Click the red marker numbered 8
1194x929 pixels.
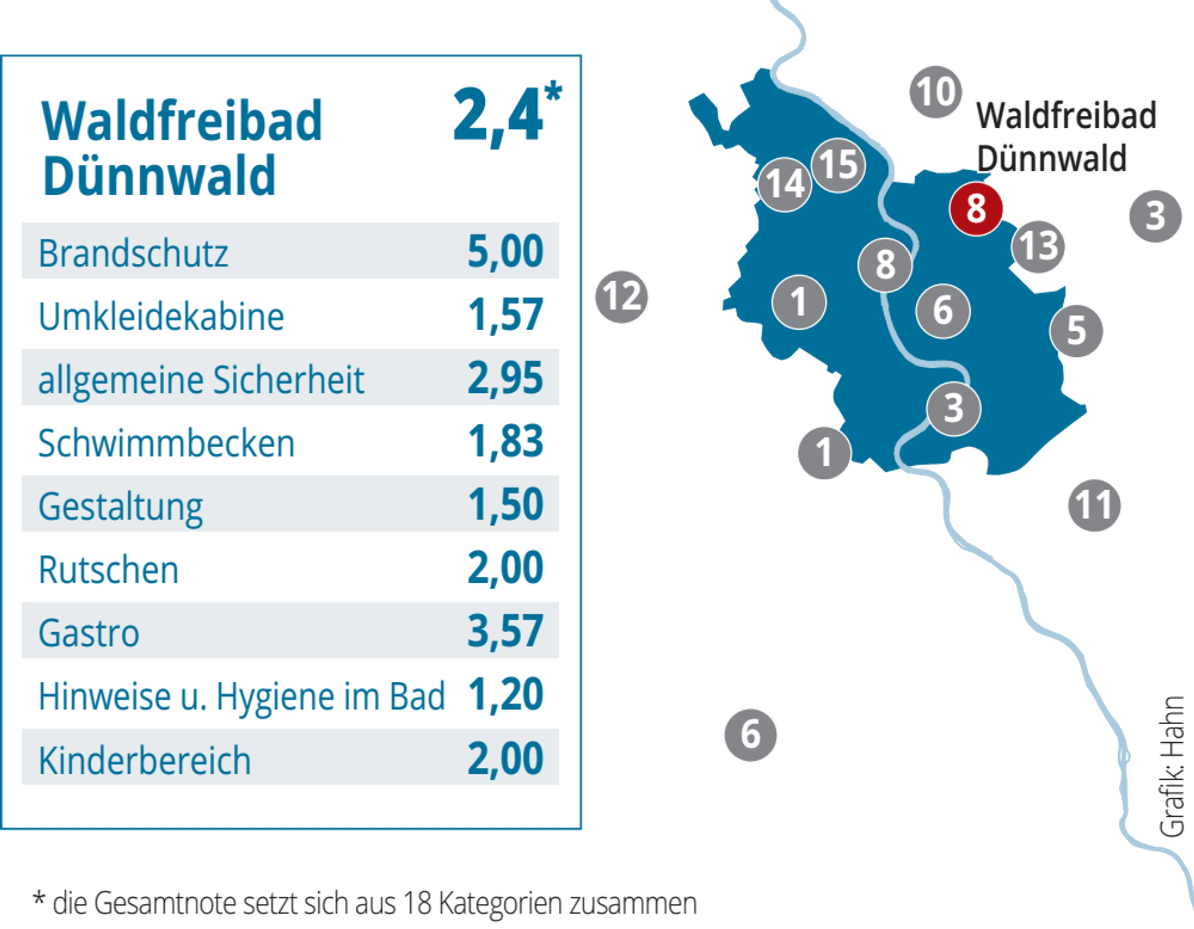click(976, 209)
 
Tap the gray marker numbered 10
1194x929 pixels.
click(935, 92)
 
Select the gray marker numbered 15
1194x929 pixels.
click(838, 165)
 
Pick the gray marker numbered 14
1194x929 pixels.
click(784, 184)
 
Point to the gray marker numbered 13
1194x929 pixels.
click(1038, 246)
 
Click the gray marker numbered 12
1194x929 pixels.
click(621, 297)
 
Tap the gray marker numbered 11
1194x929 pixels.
click(1094, 505)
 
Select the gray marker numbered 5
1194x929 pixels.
click(1076, 331)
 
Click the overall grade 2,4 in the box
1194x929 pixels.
click(506, 113)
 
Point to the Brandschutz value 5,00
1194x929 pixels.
click(505, 251)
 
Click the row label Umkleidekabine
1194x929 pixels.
click(161, 316)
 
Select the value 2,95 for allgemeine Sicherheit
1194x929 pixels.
click(505, 378)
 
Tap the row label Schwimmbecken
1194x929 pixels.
click(167, 443)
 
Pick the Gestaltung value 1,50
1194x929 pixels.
click(505, 505)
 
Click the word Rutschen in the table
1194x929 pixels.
click(109, 570)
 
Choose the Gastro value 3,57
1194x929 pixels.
click(505, 631)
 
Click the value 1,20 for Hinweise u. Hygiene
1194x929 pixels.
click(505, 694)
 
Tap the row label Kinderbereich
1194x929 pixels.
click(144, 761)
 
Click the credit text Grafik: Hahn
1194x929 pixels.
click(1171, 767)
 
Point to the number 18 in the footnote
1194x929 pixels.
click(417, 903)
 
